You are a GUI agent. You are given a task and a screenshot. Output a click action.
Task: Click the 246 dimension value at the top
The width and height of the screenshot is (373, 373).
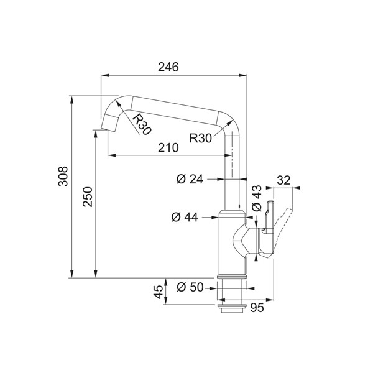(x=168, y=67)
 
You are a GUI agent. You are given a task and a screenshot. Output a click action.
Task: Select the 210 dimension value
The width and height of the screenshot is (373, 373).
(x=168, y=148)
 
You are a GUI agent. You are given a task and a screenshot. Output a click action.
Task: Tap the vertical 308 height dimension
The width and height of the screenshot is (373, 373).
(x=63, y=176)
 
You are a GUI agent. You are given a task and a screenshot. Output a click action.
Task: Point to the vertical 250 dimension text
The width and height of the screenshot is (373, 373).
(x=88, y=196)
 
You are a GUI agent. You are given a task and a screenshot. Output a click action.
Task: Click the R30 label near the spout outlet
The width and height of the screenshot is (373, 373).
(x=142, y=124)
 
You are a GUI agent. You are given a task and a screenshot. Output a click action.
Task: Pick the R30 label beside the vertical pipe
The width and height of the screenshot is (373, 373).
(x=200, y=138)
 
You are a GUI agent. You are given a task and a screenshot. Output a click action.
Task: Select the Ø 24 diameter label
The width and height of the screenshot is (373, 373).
(x=190, y=179)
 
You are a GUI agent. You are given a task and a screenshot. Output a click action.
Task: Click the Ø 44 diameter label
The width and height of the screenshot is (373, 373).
(x=185, y=217)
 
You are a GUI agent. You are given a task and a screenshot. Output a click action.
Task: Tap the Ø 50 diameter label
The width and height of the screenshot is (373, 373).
(x=190, y=287)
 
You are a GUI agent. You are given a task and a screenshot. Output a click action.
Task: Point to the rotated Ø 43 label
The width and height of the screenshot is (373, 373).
(x=257, y=198)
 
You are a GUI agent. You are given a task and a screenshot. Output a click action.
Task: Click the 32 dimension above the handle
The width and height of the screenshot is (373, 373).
(x=284, y=180)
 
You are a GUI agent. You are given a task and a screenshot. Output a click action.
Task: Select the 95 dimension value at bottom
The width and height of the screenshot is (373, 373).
(x=257, y=308)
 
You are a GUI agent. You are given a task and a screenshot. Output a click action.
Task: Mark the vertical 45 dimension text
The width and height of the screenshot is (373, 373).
(x=158, y=292)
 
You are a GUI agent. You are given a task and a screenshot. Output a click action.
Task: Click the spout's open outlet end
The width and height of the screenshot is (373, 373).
(x=108, y=129)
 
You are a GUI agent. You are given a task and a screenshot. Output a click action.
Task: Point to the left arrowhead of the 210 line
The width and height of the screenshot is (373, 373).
(x=112, y=155)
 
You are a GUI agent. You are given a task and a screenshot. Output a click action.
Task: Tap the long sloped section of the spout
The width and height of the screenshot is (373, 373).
(x=174, y=111)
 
